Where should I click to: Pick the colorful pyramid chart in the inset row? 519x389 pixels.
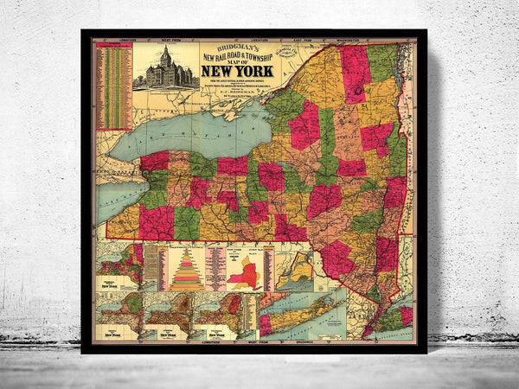click(x=188, y=268)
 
